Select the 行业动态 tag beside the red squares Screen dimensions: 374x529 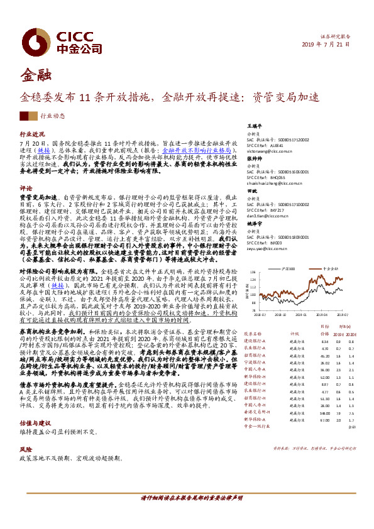tap(52, 116)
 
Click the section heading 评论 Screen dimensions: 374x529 tap(25, 188)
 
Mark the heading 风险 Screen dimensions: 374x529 tap(25, 432)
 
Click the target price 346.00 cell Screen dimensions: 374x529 tap(325, 413)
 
